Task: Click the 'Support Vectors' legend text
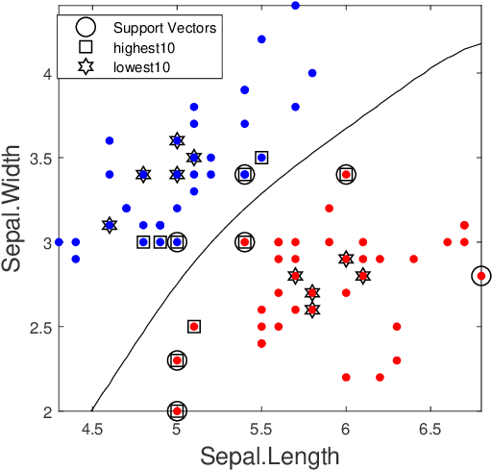(163, 27)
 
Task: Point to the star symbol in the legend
(86, 67)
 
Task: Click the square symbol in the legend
(86, 47)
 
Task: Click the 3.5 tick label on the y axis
(37, 158)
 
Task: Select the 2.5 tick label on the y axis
(37, 327)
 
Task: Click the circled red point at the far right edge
(481, 276)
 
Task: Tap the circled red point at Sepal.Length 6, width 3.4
(346, 174)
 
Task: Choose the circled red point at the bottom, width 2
(177, 410)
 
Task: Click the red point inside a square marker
(194, 327)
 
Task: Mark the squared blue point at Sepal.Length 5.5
(261, 158)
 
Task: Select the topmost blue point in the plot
(295, 6)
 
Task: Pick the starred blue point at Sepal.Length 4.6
(110, 225)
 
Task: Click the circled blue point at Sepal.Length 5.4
(245, 174)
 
